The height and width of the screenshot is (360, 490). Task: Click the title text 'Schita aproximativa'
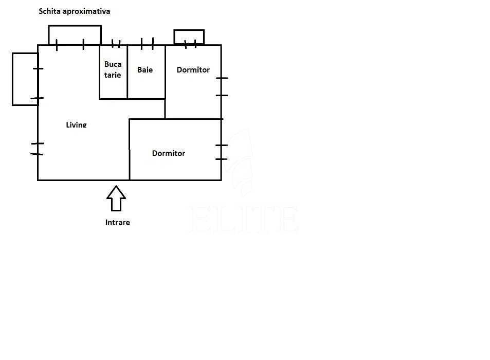tap(75, 11)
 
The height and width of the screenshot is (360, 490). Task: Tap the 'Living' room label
tap(76, 124)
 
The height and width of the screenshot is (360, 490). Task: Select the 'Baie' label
tap(145, 70)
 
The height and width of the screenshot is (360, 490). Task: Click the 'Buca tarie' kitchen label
tap(113, 69)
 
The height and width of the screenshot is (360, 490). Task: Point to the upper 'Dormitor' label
tap(193, 70)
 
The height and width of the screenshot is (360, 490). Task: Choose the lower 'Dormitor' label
tap(169, 153)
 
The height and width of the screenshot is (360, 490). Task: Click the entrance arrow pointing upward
tap(116, 199)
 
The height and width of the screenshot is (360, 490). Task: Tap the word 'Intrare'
tap(118, 223)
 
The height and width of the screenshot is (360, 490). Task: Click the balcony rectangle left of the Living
tap(12, 79)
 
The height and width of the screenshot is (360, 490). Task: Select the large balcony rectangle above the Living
tap(75, 26)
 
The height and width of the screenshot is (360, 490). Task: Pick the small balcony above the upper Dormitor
tap(189, 30)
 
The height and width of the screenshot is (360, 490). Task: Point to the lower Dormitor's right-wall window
tap(222, 152)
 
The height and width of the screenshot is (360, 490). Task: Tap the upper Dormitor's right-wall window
tap(222, 86)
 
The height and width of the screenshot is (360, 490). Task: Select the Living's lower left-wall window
tap(38, 149)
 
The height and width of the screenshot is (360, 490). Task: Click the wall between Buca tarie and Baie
tap(128, 72)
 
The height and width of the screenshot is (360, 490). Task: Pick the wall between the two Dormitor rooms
tap(193, 119)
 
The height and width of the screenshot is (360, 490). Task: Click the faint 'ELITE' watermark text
tap(244, 219)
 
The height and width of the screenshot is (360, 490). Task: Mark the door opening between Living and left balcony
tap(38, 83)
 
